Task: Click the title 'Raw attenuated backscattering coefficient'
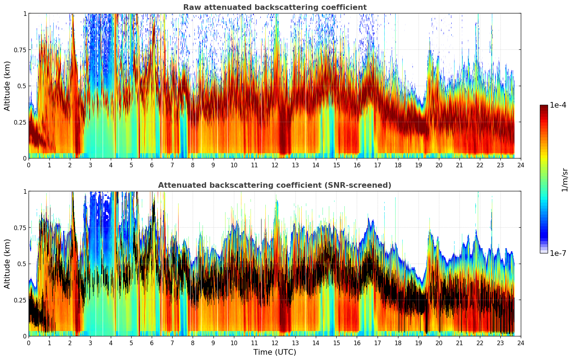[275, 7]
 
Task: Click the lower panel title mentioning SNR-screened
[275, 185]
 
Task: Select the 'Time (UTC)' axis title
[275, 352]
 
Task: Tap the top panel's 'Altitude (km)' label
[7, 86]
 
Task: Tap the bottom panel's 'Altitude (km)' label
[7, 264]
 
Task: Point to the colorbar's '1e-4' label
[558, 105]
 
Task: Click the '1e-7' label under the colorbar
[558, 253]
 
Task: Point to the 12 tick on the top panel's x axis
[275, 165]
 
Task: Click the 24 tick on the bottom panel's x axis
[520, 343]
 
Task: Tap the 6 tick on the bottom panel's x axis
[152, 343]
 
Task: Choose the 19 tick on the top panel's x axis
[418, 165]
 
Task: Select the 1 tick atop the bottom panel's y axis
[25, 191]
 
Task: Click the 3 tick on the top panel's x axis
[90, 165]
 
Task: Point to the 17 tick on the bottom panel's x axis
[377, 343]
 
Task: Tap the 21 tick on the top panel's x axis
[459, 165]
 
